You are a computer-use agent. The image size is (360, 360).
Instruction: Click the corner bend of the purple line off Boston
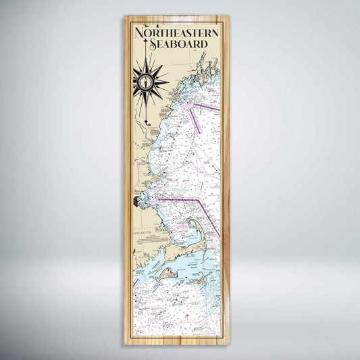click(x=197, y=200)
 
